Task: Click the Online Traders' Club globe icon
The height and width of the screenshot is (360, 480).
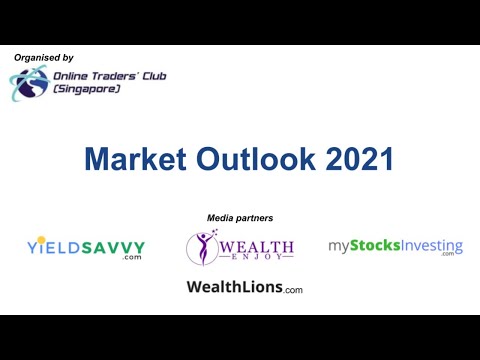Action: (x=26, y=84)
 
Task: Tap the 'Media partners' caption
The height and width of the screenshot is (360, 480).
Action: (x=240, y=218)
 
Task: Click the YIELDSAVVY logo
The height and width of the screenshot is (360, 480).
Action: (x=86, y=247)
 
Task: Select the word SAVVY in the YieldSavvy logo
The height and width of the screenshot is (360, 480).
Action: (x=111, y=245)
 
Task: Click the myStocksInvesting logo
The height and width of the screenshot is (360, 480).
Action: (x=395, y=246)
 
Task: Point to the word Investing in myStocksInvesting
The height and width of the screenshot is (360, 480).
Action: (x=428, y=245)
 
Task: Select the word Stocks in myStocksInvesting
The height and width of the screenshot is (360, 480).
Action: (x=372, y=245)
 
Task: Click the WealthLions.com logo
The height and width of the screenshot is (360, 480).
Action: (x=244, y=288)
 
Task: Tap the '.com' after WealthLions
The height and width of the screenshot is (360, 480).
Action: (x=292, y=290)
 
